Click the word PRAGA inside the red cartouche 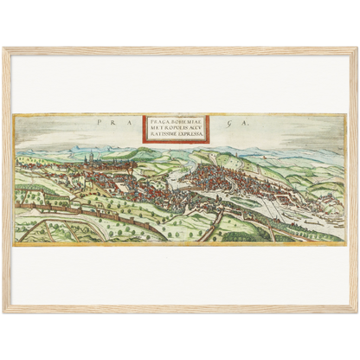158,121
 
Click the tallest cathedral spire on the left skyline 91,157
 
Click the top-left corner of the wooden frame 4,49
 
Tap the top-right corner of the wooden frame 356,49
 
